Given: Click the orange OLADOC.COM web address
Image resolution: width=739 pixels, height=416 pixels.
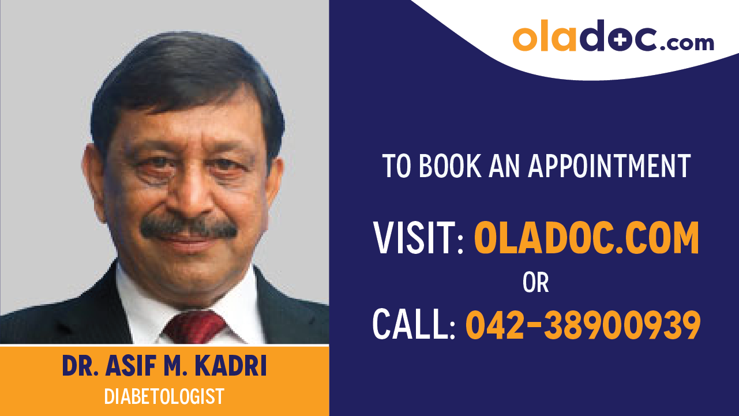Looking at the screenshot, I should click(586, 238).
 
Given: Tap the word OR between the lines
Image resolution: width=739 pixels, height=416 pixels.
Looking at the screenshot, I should click(535, 283).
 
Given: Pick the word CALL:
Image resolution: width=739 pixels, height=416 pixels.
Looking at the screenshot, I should click(414, 325).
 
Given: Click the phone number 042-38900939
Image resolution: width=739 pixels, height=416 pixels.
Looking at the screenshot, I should click(583, 325).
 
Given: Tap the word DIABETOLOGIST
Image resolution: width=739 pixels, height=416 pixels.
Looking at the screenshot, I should click(164, 397).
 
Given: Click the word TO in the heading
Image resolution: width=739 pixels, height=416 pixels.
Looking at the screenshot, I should click(397, 166).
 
